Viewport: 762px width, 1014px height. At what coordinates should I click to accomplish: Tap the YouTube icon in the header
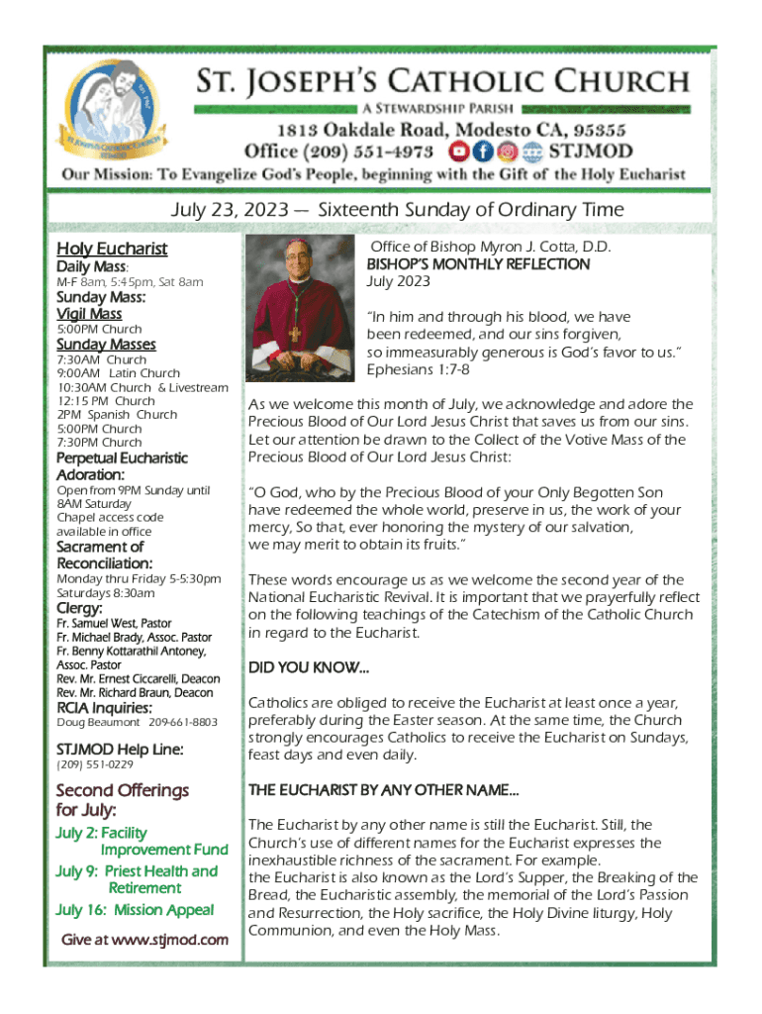457,152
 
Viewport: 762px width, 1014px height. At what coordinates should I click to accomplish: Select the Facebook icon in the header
482,152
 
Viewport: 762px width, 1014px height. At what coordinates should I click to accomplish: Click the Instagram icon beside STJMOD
507,152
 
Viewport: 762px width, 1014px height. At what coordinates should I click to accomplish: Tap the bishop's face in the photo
294,273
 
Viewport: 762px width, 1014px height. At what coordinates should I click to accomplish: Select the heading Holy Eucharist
112,249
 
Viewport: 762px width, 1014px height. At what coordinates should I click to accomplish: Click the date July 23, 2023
227,209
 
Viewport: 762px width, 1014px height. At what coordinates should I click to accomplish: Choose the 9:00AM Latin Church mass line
119,373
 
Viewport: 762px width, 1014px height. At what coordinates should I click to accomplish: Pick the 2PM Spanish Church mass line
117,415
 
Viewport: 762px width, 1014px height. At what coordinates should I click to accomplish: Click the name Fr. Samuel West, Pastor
114,623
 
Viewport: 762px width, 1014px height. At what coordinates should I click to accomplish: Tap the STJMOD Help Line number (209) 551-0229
95,764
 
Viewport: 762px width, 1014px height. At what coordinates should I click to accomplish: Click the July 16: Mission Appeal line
135,910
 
